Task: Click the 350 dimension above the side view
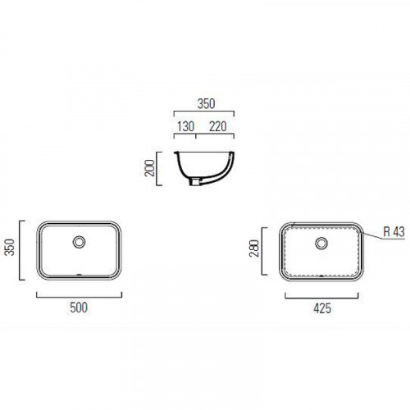206,104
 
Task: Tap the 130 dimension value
186,126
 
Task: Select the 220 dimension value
218,126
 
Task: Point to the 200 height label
149,168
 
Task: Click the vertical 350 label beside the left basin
10,247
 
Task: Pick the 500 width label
79,307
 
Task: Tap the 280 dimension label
254,248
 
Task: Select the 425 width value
322,308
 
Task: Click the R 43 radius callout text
394,232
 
